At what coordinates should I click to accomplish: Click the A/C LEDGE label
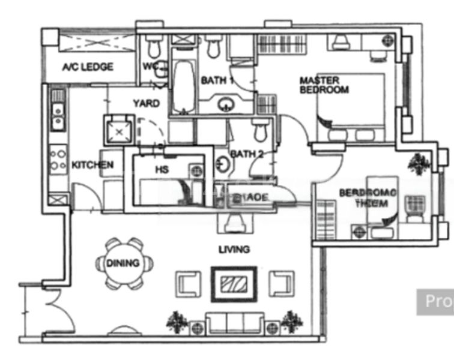[88, 67]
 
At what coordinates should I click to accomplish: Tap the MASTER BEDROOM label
[324, 85]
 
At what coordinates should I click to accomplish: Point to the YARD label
[147, 103]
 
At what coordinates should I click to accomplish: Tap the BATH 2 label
[247, 154]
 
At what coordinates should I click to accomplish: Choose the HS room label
[162, 170]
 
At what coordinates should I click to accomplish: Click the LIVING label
[234, 249]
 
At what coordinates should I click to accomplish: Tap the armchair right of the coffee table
[280, 283]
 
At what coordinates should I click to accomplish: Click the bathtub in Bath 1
[183, 85]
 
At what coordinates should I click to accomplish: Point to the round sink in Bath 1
[226, 104]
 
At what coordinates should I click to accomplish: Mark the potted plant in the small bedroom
[419, 163]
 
